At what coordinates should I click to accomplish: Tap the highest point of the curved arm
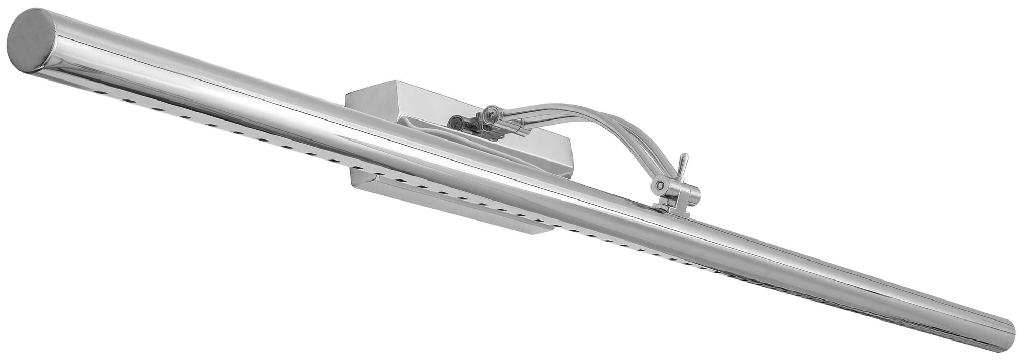pos(554,107)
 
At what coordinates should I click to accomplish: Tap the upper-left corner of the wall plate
pos(348,93)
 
